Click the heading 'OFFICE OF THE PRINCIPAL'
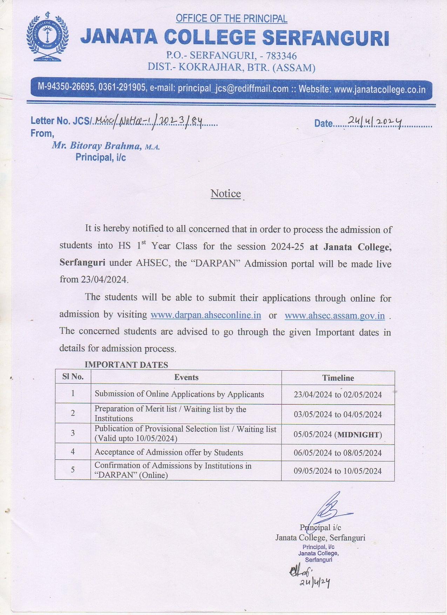tap(231, 18)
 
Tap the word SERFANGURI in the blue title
tap(326, 38)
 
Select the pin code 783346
tap(281, 56)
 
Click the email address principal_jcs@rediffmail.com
tap(233, 88)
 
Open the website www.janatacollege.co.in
tap(380, 89)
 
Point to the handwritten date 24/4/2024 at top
tap(374, 121)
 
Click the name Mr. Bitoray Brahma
tap(96, 146)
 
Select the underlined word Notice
tap(225, 194)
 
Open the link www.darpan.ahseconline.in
tap(206, 315)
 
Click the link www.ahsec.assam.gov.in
tap(334, 316)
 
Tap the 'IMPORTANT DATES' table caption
tap(126, 365)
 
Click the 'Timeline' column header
tap(338, 378)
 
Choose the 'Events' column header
tap(186, 377)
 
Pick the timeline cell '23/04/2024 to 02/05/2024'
tap(338, 394)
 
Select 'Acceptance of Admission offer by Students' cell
tap(169, 452)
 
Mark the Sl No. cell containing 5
tap(73, 470)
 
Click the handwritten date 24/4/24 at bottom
tap(314, 582)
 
